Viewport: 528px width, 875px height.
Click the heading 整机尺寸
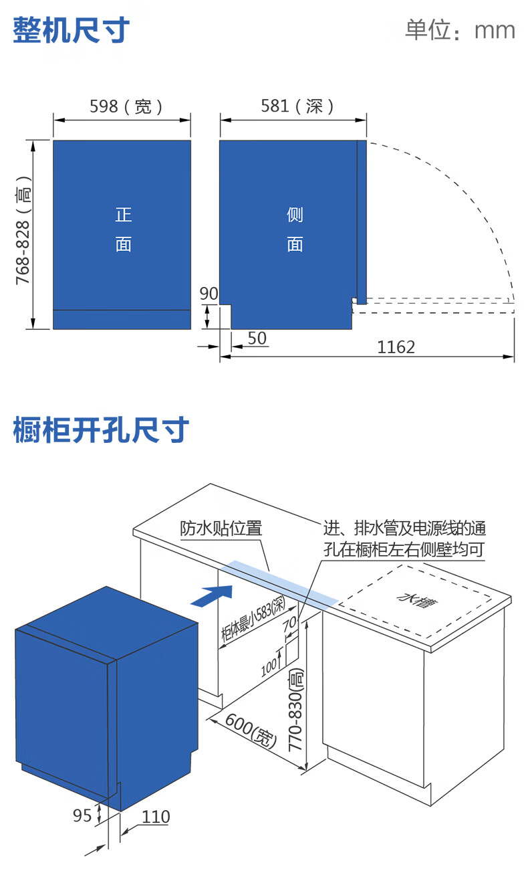(72, 31)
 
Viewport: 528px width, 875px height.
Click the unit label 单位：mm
(460, 31)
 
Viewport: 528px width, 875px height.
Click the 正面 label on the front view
(124, 229)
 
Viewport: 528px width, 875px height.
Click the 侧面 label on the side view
(295, 229)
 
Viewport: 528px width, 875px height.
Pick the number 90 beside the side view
(209, 294)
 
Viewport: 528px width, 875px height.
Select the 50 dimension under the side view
(257, 338)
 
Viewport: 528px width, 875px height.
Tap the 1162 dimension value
(396, 347)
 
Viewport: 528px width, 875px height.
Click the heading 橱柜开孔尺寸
(101, 430)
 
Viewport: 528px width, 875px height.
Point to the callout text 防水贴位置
(221, 528)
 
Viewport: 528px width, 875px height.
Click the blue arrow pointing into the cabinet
(212, 594)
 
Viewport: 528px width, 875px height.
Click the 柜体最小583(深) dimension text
(253, 619)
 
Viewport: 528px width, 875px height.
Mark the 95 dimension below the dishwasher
(82, 816)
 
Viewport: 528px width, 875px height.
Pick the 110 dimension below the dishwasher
(156, 817)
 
